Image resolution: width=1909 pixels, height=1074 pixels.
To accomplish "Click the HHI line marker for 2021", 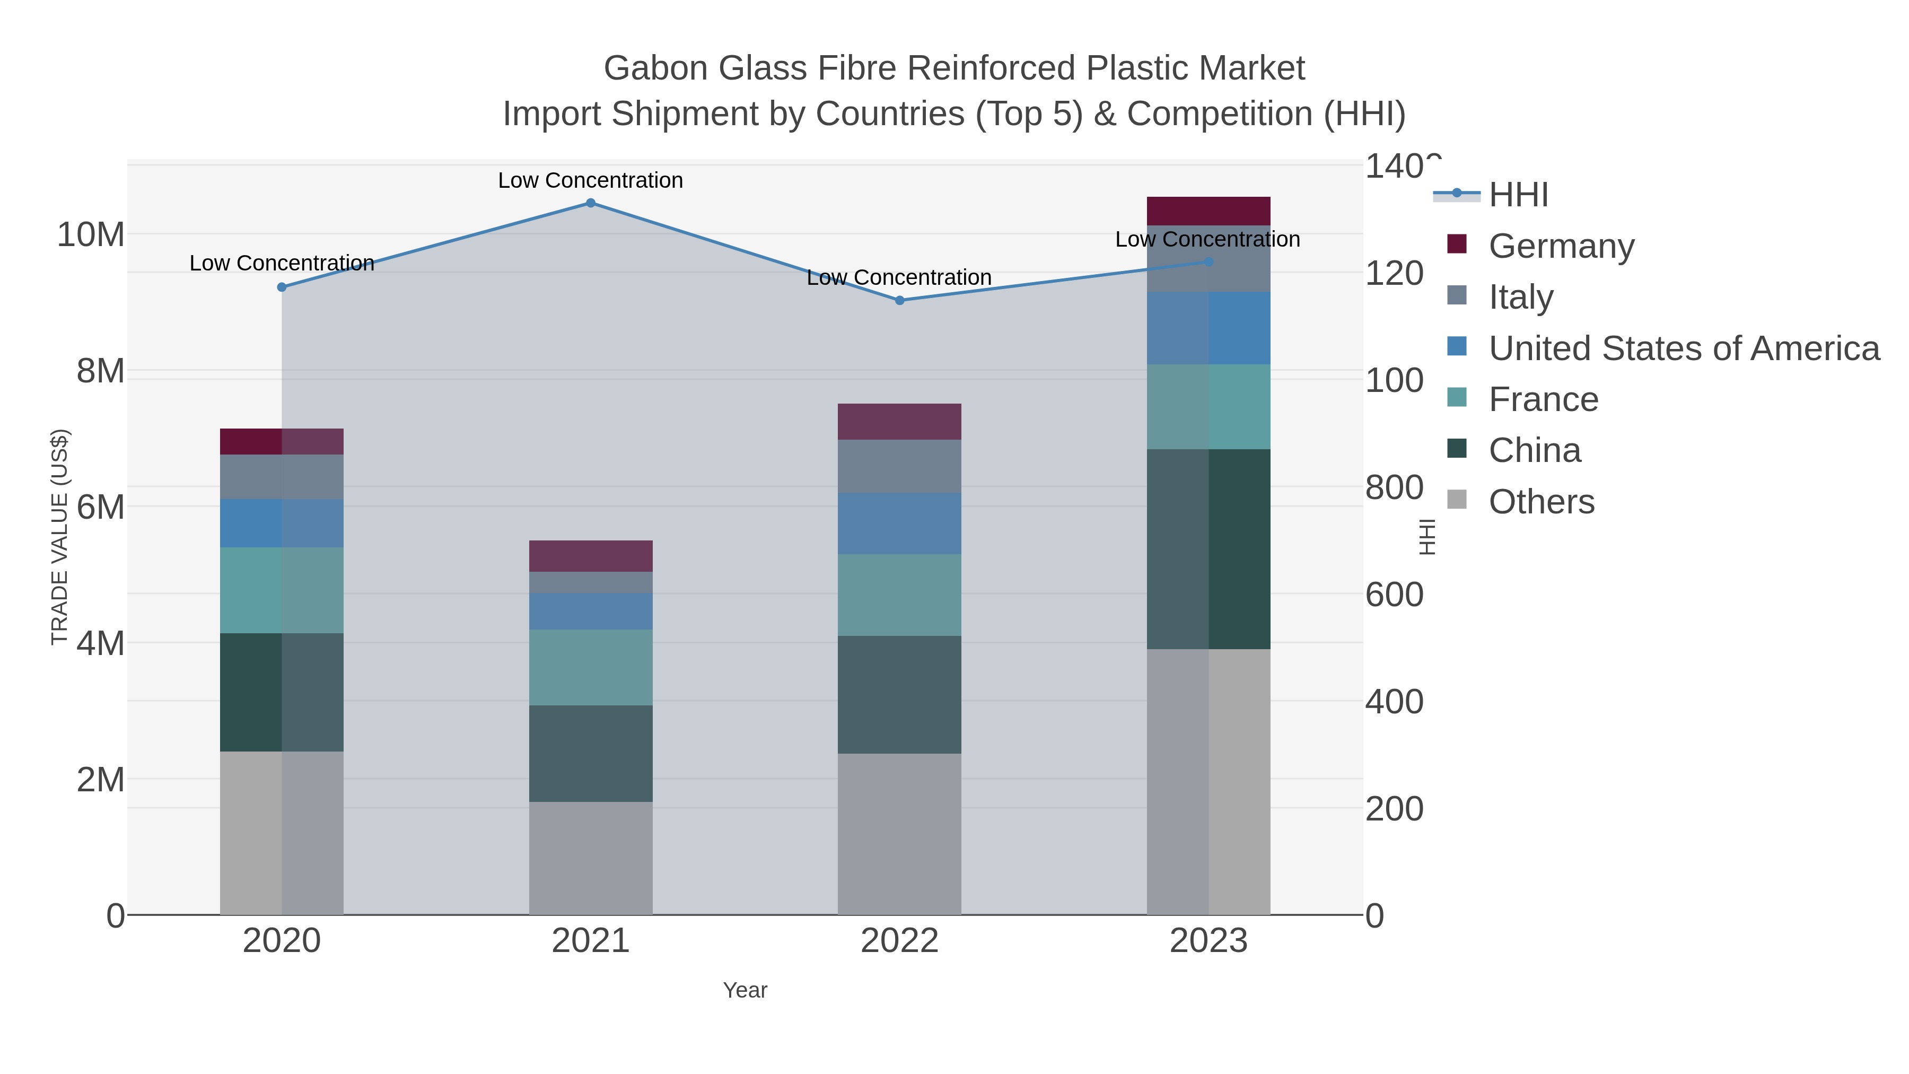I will point(591,203).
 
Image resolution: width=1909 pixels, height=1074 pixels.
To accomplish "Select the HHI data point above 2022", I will point(900,300).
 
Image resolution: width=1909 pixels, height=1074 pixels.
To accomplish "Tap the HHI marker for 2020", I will point(282,287).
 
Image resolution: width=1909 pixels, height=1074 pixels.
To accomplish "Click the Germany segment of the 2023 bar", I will point(1209,211).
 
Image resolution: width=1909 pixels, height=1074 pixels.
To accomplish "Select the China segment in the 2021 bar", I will point(591,753).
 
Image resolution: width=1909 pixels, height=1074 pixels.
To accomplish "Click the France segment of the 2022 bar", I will point(900,595).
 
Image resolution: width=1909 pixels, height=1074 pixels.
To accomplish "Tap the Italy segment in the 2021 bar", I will point(591,582).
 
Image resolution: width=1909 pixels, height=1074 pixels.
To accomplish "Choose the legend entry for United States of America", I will point(1684,348).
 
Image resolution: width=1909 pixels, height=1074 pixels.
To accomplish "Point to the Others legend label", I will point(1542,502).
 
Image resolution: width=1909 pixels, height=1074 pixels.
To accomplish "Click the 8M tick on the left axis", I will point(101,371).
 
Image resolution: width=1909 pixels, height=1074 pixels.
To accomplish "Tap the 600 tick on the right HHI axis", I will point(1394,595).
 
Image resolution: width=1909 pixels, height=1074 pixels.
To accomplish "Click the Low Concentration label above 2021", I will point(591,180).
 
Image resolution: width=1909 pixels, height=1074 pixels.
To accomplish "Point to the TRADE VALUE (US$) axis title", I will point(59,537).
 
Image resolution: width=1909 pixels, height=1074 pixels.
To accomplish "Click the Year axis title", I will point(745,990).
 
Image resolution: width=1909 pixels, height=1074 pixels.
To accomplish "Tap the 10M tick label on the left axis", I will point(90,235).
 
